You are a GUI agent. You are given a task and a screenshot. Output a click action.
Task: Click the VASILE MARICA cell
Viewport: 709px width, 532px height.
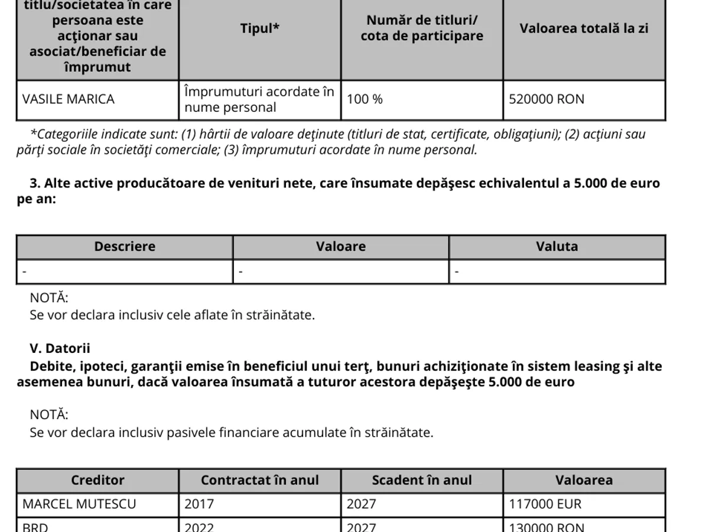[69, 99]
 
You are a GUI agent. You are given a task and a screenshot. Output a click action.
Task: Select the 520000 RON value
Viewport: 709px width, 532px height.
[547, 99]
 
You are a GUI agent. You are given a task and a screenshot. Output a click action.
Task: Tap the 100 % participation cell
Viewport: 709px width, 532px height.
[365, 99]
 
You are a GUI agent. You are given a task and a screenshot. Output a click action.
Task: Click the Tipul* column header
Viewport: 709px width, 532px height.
[260, 29]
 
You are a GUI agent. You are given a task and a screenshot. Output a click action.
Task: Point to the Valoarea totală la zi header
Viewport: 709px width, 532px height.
[584, 28]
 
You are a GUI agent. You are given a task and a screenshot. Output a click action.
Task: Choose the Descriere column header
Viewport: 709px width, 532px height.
[125, 246]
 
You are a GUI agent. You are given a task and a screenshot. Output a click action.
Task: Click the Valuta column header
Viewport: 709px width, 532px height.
[557, 246]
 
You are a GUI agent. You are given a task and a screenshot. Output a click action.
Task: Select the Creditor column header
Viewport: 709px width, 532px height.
[97, 480]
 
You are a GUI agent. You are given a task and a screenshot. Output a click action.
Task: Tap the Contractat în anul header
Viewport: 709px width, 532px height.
[259, 480]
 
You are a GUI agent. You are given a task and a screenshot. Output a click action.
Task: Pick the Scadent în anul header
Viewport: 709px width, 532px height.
[422, 480]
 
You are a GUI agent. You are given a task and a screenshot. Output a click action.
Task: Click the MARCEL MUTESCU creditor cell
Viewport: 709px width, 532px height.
[79, 504]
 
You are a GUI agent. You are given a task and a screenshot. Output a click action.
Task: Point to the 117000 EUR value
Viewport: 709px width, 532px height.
[545, 504]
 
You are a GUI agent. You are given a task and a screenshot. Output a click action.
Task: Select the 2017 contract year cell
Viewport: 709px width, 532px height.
[199, 504]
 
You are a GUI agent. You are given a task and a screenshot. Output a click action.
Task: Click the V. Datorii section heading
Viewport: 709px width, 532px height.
[60, 349]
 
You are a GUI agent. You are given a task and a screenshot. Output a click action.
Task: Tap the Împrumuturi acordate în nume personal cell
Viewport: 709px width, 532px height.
[259, 99]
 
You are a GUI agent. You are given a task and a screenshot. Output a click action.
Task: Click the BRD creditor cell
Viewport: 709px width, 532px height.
[35, 527]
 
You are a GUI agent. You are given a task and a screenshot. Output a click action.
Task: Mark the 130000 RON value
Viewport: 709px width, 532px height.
[547, 527]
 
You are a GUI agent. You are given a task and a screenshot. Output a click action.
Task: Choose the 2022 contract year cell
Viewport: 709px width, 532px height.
[199, 527]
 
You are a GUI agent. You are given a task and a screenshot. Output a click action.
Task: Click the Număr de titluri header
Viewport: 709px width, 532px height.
[422, 28]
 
